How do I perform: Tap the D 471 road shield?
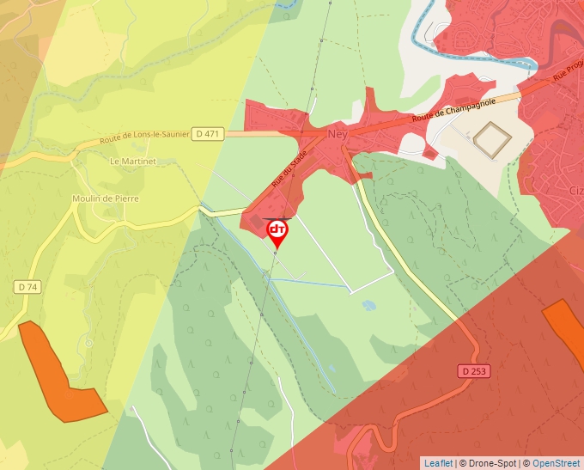pyautogui.click(x=208, y=133)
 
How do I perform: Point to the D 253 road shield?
pyautogui.click(x=470, y=370)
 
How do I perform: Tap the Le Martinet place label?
pyautogui.click(x=131, y=161)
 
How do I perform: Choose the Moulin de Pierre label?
pyautogui.click(x=106, y=198)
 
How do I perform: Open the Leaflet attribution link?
pyautogui.click(x=438, y=463)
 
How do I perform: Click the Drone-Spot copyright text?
pyautogui.click(x=488, y=463)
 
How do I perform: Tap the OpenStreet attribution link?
pyautogui.click(x=556, y=463)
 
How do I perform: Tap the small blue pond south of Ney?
pyautogui.click(x=368, y=304)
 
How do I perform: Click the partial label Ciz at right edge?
pyautogui.click(x=575, y=190)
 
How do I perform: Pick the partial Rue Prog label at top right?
pyautogui.click(x=567, y=73)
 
